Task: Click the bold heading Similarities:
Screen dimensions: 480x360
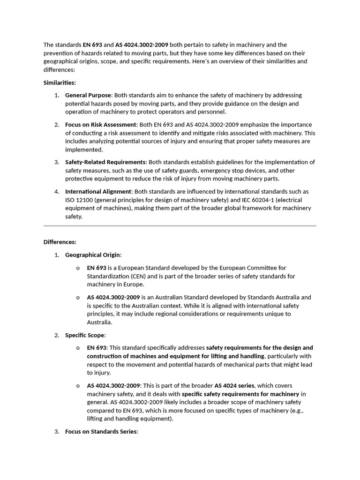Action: [60, 83]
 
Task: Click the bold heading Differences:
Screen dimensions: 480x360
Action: [60, 242]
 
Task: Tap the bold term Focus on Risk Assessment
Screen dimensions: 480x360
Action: [100, 125]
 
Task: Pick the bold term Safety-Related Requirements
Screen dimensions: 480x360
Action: [105, 162]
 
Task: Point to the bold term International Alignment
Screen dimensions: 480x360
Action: [98, 192]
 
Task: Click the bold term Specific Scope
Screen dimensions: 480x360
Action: [85, 335]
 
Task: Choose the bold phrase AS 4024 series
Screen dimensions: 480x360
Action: [234, 385]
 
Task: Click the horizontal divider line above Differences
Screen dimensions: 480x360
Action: [180, 226]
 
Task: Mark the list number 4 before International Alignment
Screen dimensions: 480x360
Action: [56, 192]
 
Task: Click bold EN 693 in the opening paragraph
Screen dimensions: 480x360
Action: [92, 45]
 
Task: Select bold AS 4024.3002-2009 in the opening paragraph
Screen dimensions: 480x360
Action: [142, 45]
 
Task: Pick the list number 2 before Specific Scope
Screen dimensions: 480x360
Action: [56, 335]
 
